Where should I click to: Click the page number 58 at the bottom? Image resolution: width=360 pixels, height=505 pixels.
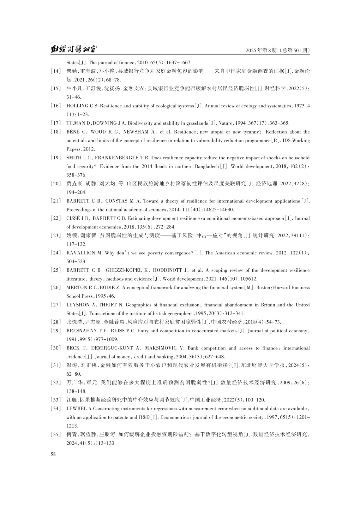coord(53,454)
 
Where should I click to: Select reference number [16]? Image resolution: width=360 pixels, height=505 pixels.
coord(56,106)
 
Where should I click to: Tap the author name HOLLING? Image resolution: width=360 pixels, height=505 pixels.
coord(77,106)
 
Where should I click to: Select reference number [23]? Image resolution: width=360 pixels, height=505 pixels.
coord(56,235)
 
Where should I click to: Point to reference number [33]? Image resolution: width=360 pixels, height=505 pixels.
coord(56,400)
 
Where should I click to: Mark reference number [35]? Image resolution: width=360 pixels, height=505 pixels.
coord(56,435)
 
